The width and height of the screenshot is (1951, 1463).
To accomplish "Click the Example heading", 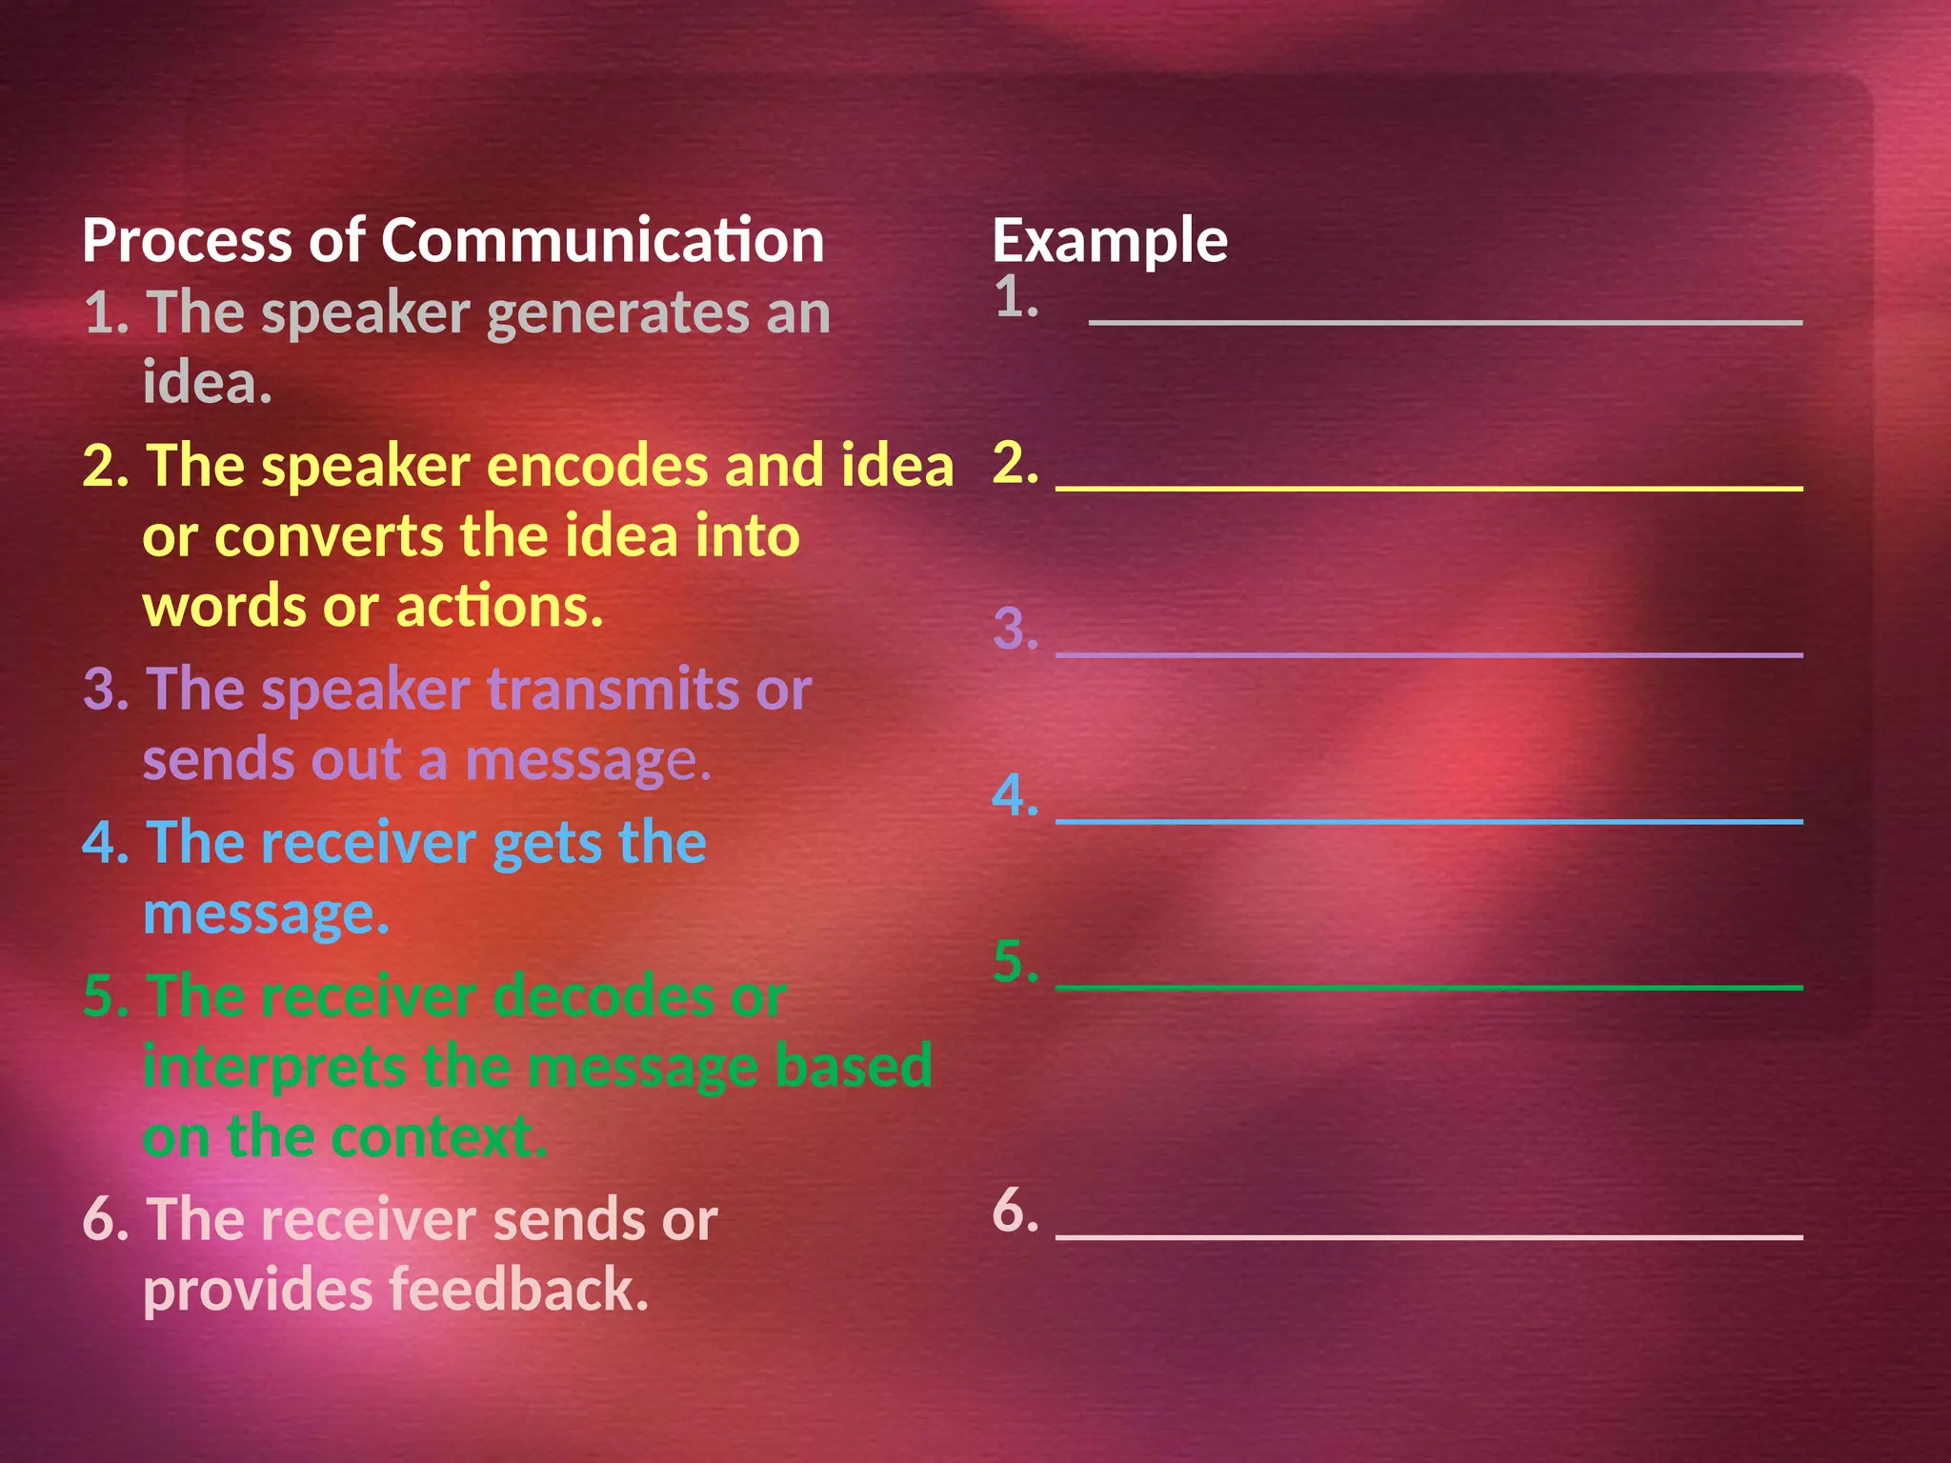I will pyautogui.click(x=1110, y=242).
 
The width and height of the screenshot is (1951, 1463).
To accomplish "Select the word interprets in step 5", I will pyautogui.click(x=274, y=1068).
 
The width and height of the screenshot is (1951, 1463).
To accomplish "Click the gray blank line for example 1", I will pyautogui.click(x=1444, y=323).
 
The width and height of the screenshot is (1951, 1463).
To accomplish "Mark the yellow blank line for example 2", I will pyautogui.click(x=1429, y=488).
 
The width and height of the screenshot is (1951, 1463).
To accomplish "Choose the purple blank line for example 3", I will pyautogui.click(x=1429, y=654).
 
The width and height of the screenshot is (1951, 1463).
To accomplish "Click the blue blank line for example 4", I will pyautogui.click(x=1429, y=820).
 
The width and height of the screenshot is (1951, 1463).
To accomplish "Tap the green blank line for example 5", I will pyautogui.click(x=1429, y=987).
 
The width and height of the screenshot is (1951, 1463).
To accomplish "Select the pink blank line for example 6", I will pyautogui.click(x=1429, y=1235).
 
